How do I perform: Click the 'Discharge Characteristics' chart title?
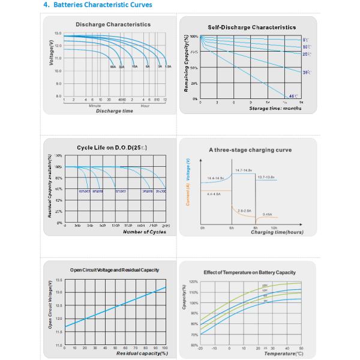pos(113,24)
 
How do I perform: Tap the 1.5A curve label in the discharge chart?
pos(168,67)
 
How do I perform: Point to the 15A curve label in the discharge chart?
pos(135,67)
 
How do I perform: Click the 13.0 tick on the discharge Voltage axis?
pos(58,34)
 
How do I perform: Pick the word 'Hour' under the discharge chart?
pos(145,106)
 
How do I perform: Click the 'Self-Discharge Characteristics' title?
pos(251,27)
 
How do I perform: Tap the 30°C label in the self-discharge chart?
pos(306,72)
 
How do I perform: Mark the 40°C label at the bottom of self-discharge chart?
pos(293,96)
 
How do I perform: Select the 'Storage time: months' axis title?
pos(276,108)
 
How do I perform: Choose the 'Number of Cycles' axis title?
pos(144,232)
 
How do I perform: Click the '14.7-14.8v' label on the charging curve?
pos(243,170)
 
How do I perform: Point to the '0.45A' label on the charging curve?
pos(268,214)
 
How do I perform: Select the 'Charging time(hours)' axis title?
pos(277,232)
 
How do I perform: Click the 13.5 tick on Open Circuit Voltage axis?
pos(59,280)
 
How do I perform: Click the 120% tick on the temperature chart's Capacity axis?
pos(194,281)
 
